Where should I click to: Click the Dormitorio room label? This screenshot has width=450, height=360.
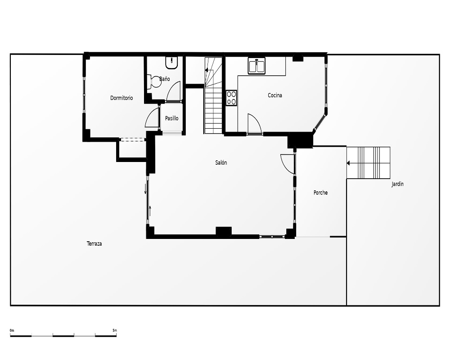pos(121,98)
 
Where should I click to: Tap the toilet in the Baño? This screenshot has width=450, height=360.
pos(154,82)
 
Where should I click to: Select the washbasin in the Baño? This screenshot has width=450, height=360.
pos(171,63)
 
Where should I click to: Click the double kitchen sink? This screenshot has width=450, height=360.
pos(257,66)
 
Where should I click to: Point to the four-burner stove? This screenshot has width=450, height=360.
pos(231,98)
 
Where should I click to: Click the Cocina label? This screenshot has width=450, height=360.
pos(275,95)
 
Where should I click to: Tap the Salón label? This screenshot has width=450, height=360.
pos(221,163)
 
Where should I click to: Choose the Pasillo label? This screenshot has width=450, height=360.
pos(171,118)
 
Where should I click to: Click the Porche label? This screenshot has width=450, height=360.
pos(320,193)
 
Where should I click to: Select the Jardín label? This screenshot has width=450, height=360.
pos(397,184)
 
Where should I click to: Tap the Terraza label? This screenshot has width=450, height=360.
pos(94,244)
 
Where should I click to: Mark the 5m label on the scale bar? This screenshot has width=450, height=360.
pos(115,330)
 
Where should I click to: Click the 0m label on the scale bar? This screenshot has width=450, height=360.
pos(12,330)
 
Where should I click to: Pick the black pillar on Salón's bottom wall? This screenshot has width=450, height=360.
pos(224,232)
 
